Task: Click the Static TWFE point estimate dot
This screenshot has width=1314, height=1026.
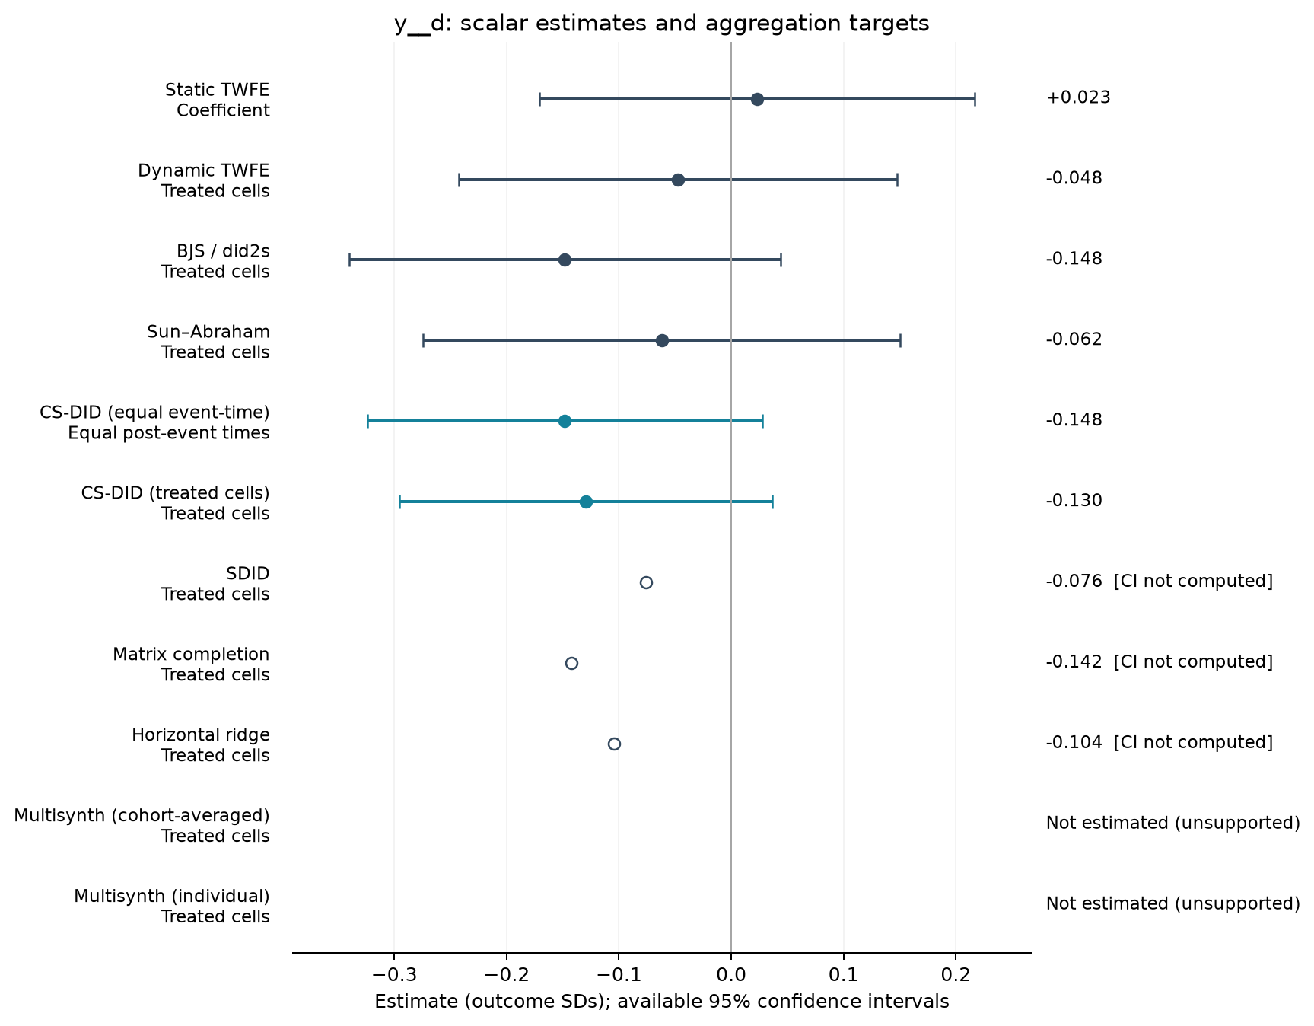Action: (x=757, y=99)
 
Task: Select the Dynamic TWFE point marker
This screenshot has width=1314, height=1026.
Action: (x=678, y=180)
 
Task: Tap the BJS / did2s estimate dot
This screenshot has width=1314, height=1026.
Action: (x=565, y=260)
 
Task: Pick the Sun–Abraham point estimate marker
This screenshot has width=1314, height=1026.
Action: (x=662, y=340)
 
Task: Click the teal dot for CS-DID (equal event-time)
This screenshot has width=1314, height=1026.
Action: (x=565, y=421)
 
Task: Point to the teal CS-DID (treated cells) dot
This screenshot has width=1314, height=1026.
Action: (x=586, y=502)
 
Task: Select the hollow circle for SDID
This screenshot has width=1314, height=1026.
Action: (x=646, y=582)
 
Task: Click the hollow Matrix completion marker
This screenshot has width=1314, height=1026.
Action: (x=571, y=663)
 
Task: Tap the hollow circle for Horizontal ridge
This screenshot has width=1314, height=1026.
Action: (x=614, y=744)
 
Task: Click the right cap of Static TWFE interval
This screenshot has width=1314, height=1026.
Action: (x=975, y=99)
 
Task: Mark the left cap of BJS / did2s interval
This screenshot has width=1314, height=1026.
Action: (x=349, y=260)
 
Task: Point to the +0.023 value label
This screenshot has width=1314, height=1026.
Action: (x=1078, y=97)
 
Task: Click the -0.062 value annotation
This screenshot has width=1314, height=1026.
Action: (x=1074, y=339)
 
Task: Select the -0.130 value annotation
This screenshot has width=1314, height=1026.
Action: (x=1074, y=501)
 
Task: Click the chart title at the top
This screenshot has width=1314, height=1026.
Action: (x=662, y=24)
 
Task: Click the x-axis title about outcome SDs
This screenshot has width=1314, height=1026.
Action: (x=662, y=1002)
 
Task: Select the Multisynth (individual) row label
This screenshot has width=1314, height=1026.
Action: (x=172, y=907)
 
